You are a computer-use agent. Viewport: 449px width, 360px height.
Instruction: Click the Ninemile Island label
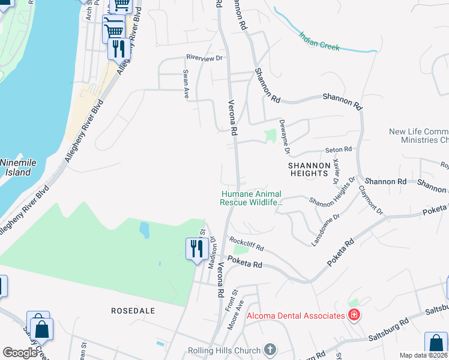point(15,167)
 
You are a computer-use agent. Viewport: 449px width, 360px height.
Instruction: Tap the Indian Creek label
point(319,41)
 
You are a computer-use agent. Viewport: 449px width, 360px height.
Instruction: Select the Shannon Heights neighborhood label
point(309,169)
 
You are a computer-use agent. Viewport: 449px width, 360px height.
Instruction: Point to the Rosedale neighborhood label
point(133,310)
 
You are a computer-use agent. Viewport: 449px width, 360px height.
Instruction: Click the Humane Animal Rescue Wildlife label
point(251,198)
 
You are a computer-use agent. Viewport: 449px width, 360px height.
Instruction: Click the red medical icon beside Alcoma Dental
point(354,315)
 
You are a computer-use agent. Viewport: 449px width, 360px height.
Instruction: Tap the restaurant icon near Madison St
point(197,248)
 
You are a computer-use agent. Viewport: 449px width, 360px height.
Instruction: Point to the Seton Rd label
point(338,149)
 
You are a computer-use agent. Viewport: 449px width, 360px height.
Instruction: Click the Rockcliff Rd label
point(247,243)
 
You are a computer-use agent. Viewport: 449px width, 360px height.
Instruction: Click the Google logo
point(20,353)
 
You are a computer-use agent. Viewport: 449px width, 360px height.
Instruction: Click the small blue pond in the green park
point(144,230)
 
